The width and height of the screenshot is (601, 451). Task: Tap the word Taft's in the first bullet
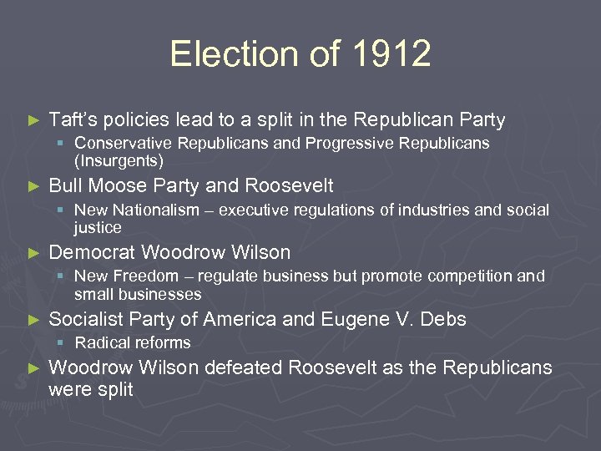(x=75, y=120)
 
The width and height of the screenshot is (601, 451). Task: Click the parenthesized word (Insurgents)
(x=119, y=160)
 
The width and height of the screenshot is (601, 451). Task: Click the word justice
(x=98, y=227)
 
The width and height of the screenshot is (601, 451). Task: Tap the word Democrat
(x=93, y=252)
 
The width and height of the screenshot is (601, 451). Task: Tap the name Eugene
(x=351, y=319)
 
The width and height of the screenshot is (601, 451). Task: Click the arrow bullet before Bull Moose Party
(x=33, y=186)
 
